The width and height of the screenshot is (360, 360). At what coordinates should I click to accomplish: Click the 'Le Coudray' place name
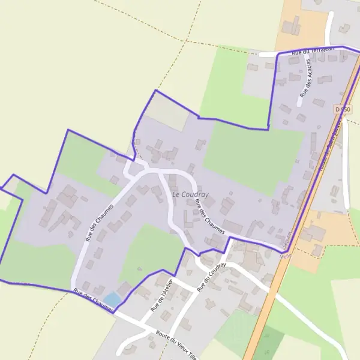190,194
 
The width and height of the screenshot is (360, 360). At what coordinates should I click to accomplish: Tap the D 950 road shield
342,109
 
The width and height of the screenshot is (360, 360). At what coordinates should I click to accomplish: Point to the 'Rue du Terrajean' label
311,52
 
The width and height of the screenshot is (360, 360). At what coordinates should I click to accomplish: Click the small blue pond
112,298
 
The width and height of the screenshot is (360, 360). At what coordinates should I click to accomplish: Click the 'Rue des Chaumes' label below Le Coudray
210,216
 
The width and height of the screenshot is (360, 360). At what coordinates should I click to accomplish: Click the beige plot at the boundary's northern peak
167,113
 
